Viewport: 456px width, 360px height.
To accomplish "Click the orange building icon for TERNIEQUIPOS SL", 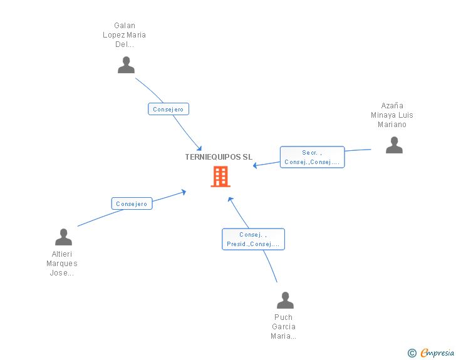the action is (x=220, y=177).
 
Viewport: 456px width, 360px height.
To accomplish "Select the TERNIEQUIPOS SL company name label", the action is (x=219, y=157).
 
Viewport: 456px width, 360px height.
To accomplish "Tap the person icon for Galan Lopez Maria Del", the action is (x=127, y=65).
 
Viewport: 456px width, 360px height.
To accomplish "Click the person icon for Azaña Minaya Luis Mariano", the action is (x=394, y=145).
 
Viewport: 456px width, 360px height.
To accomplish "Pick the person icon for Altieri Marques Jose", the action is (x=63, y=237).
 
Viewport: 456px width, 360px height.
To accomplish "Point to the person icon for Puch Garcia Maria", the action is (x=285, y=300).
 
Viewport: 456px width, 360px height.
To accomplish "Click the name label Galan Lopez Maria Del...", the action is (x=125, y=35).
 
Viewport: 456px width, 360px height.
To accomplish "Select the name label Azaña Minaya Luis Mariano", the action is (x=391, y=115).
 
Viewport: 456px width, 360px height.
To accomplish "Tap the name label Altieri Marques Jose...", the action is (x=62, y=264).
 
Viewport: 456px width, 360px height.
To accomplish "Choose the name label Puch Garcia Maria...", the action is (x=284, y=327).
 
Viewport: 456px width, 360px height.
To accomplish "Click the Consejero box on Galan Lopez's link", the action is (x=168, y=109).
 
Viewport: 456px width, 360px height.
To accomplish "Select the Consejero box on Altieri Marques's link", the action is (x=132, y=203).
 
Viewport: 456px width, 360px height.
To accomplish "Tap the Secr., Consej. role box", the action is (x=312, y=157).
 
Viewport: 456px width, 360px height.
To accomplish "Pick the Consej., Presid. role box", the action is (x=253, y=239).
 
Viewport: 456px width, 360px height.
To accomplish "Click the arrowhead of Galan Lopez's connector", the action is (x=199, y=148).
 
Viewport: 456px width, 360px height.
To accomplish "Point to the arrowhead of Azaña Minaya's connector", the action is (x=255, y=165).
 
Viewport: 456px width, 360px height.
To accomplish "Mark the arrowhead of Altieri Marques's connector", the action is (x=184, y=192).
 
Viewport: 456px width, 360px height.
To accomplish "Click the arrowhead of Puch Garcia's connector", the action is (x=230, y=199).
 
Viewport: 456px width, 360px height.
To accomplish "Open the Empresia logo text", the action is (x=437, y=352).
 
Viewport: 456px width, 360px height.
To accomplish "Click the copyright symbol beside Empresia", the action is (x=412, y=353).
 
